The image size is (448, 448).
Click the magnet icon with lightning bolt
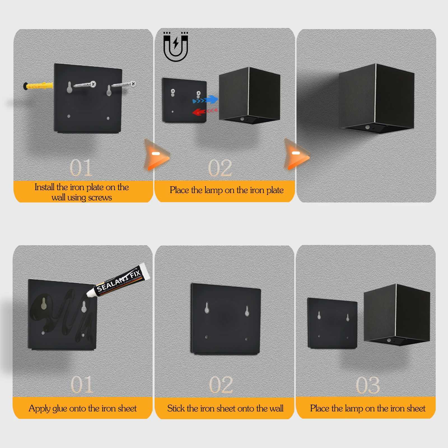pyautogui.click(x=176, y=47)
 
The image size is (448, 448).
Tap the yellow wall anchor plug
pyautogui.click(x=38, y=86)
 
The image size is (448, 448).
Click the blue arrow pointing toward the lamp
pyautogui.click(x=206, y=100)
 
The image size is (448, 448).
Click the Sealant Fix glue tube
pyautogui.click(x=119, y=280)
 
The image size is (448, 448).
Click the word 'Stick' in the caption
pyautogui.click(x=176, y=409)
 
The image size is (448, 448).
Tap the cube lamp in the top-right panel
pyautogui.click(x=377, y=98)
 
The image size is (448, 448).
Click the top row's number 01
pyautogui.click(x=81, y=168)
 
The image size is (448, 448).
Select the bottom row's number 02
pyautogui.click(x=221, y=385)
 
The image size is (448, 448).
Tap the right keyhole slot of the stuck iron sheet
pyautogui.click(x=247, y=311)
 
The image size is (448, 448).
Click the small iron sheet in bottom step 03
pyautogui.click(x=332, y=323)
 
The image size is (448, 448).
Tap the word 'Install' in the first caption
pyautogui.click(x=44, y=187)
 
